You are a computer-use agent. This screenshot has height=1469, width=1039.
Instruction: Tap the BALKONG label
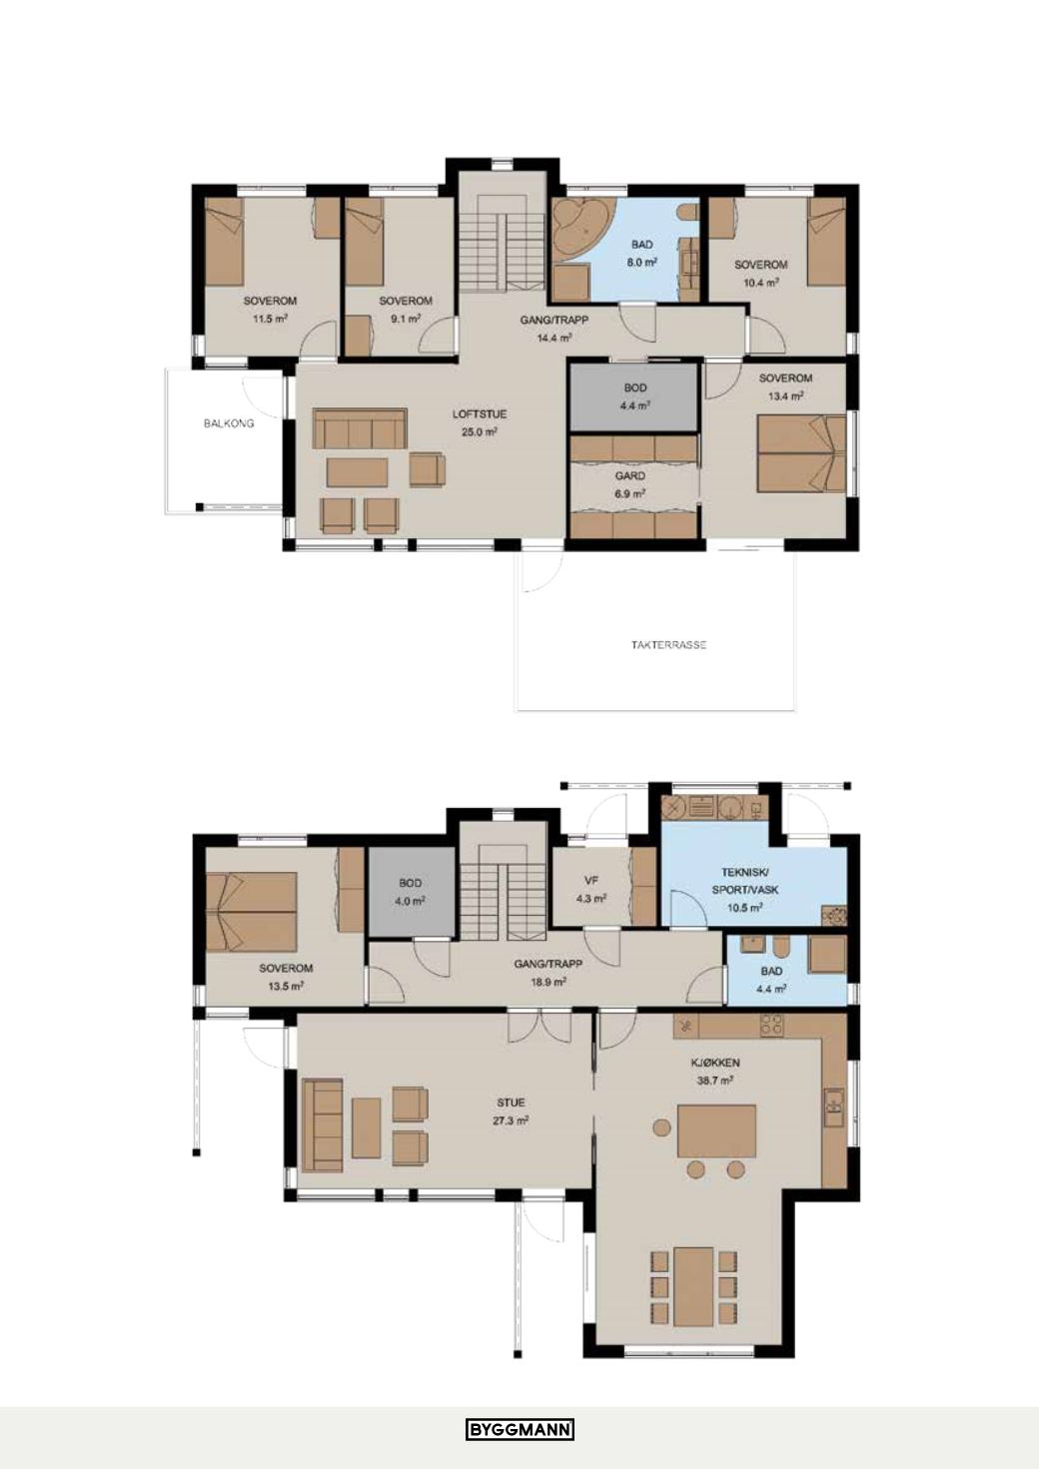coord(228,423)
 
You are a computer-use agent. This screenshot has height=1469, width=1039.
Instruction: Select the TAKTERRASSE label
coord(668,645)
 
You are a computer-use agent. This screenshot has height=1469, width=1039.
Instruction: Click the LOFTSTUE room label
coord(479,414)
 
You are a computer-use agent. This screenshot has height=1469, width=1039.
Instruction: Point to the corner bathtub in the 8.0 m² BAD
coord(581,229)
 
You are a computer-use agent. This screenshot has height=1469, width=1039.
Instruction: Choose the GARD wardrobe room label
coord(630,476)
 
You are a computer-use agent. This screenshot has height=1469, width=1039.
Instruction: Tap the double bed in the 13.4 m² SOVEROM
coord(801,453)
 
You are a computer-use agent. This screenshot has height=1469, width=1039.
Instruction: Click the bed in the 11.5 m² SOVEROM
coord(224,242)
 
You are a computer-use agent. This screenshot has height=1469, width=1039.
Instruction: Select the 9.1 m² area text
coord(406,319)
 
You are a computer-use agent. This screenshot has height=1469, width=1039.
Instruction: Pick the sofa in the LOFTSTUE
coord(360,428)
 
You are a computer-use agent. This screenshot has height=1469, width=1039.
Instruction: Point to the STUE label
coord(511,1103)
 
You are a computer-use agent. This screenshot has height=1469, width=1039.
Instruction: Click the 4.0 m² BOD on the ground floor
coord(411,892)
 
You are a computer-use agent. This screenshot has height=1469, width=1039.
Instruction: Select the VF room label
coord(591,882)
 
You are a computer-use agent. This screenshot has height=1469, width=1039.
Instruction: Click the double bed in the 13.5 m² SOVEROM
coord(251,911)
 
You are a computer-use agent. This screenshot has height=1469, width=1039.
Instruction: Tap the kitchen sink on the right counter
coord(834,1107)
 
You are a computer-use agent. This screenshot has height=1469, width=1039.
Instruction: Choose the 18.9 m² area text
coord(548,983)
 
